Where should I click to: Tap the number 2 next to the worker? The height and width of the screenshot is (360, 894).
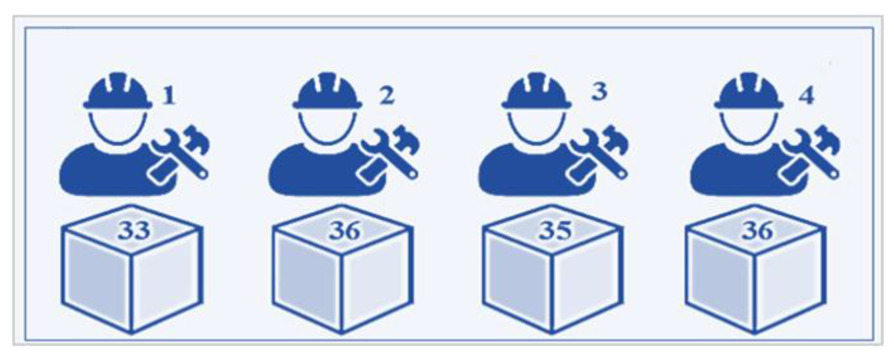coord(387,96)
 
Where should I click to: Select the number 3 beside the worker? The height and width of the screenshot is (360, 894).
coord(599,91)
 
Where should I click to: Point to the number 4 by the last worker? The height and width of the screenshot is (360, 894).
coord(807,97)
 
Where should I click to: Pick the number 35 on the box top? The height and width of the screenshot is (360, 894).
coord(556,231)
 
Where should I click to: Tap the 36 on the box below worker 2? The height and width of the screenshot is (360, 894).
coord(344,231)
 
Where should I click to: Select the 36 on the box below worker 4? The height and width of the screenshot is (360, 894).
coord(757,231)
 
